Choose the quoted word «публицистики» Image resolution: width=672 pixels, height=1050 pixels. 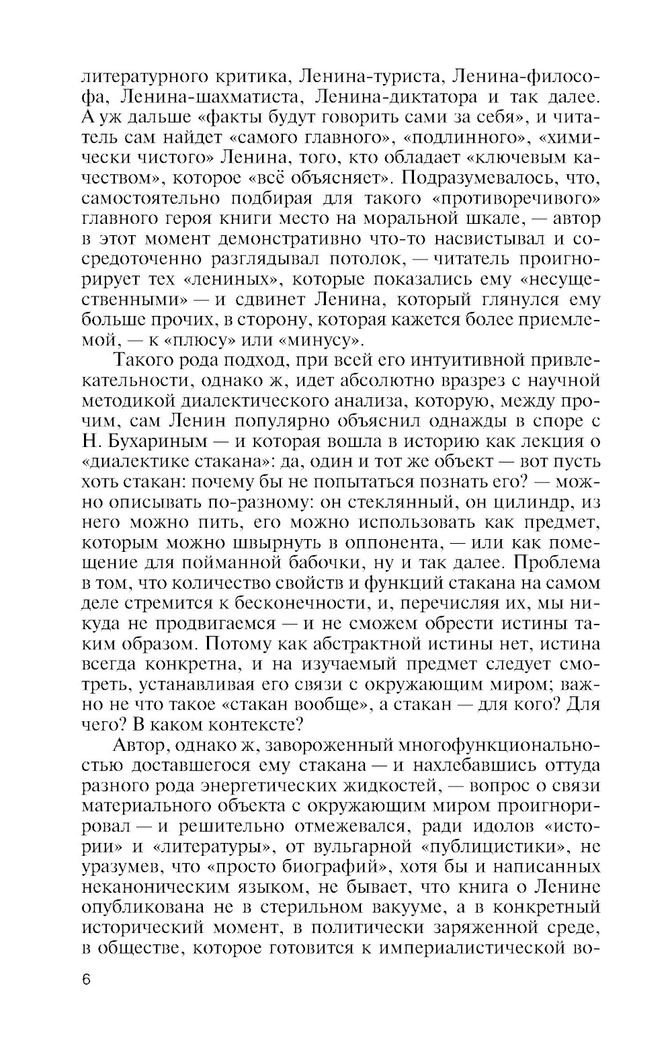pos(497,846)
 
